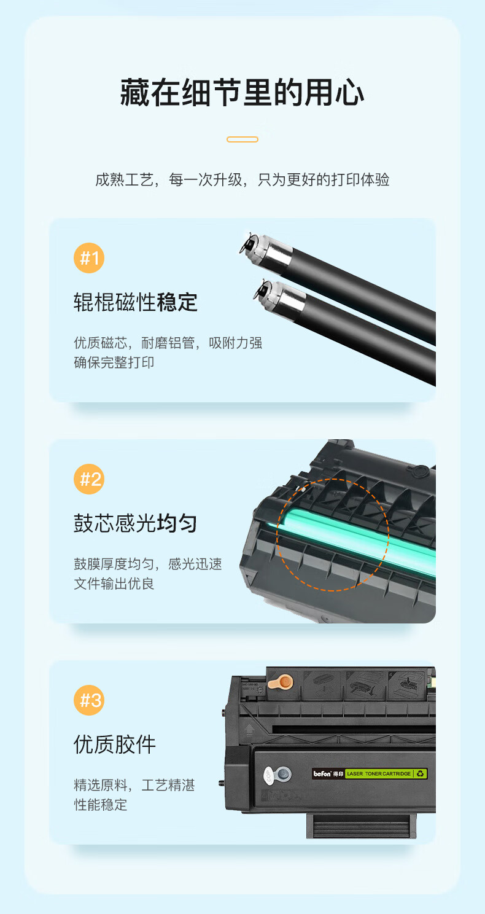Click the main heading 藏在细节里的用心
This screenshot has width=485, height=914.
[243, 93]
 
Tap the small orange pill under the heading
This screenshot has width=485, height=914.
[243, 139]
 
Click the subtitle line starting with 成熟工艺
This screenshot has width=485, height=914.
[243, 179]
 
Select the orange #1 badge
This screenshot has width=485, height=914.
[89, 258]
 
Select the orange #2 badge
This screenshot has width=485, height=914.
[89, 479]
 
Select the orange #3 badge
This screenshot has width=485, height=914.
[89, 700]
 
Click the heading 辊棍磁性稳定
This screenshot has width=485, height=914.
[136, 302]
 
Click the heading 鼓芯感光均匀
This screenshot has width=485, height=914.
[136, 523]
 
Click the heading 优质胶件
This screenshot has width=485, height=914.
[115, 744]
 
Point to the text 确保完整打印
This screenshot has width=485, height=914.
[114, 362]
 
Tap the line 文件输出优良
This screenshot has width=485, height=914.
[114, 584]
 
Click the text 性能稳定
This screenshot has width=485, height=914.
[100, 805]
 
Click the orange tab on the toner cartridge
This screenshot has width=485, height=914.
[281, 681]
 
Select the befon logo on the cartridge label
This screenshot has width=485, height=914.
[322, 773]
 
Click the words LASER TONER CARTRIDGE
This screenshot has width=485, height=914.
[379, 773]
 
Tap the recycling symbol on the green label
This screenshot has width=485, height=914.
[421, 773]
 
